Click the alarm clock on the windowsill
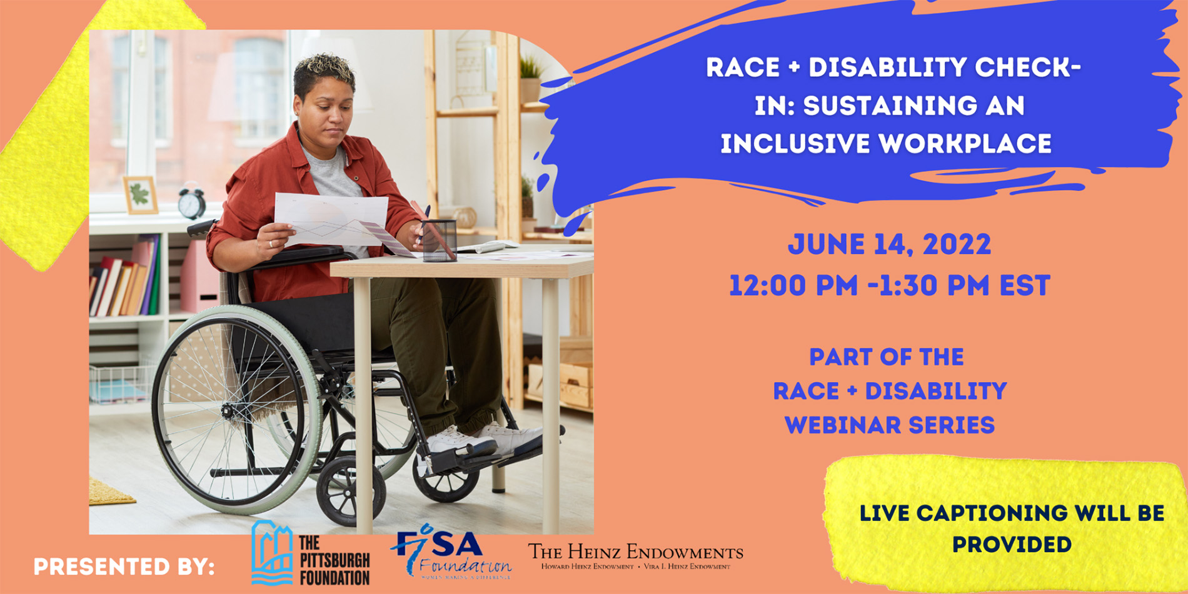pyautogui.click(x=191, y=202)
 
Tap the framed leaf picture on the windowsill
pyautogui.click(x=140, y=195)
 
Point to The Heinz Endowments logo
pyautogui.click(x=635, y=556)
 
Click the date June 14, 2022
pyautogui.click(x=889, y=244)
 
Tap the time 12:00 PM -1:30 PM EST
pyautogui.click(x=889, y=286)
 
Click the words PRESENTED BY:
pyautogui.click(x=124, y=567)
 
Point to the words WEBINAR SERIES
pyautogui.click(x=889, y=426)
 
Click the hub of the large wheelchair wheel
pyautogui.click(x=226, y=411)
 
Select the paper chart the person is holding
pyautogui.click(x=331, y=220)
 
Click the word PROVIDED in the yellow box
pyautogui.click(x=1011, y=545)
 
